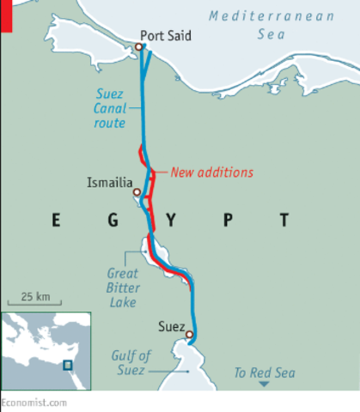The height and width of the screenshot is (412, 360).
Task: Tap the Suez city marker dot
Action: click(x=189, y=335)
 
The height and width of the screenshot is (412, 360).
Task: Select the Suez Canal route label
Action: click(x=110, y=108)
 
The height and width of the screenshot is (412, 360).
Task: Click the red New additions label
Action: click(x=212, y=172)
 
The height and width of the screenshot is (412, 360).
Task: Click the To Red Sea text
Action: click(x=265, y=372)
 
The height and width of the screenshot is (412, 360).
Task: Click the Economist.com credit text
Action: click(x=32, y=402)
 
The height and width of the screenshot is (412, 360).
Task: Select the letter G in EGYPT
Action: click(x=113, y=221)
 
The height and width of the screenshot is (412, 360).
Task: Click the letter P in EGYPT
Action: click(x=227, y=221)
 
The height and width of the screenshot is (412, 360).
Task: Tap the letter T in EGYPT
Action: click(x=283, y=221)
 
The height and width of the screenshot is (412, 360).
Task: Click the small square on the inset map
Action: click(x=67, y=365)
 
